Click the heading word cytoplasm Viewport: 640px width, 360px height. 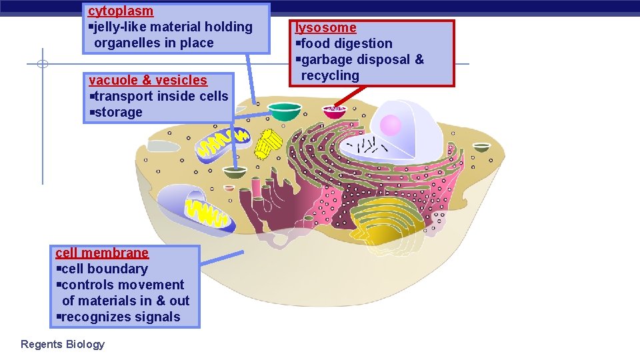[121, 11]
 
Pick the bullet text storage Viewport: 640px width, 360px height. [119, 113]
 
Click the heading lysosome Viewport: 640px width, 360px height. [326, 28]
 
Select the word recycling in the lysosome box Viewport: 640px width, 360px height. [330, 75]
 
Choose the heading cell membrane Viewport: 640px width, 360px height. [102, 253]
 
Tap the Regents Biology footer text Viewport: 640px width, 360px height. [63, 345]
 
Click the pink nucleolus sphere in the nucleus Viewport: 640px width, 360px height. [390, 125]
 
